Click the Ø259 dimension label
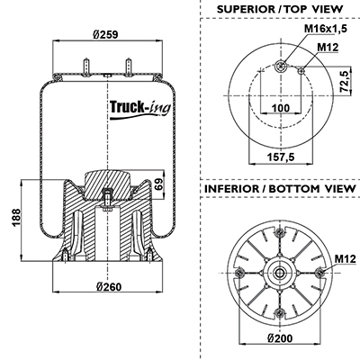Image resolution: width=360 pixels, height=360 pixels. pyautogui.click(x=105, y=34)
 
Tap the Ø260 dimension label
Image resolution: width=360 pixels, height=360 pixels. pyautogui.click(x=109, y=287)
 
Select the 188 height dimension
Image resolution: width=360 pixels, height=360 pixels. pyautogui.click(x=16, y=218)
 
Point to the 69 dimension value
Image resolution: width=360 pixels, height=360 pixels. pyautogui.click(x=159, y=184)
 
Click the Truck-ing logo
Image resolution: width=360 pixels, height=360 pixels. pyautogui.click(x=140, y=109)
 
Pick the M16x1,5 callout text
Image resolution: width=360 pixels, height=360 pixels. pyautogui.click(x=326, y=29)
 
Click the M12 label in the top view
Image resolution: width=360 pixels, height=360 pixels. pyautogui.click(x=328, y=47)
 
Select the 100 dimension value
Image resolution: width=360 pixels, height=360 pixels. pyautogui.click(x=281, y=108)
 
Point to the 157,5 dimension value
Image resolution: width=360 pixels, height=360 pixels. pyautogui.click(x=281, y=157)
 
